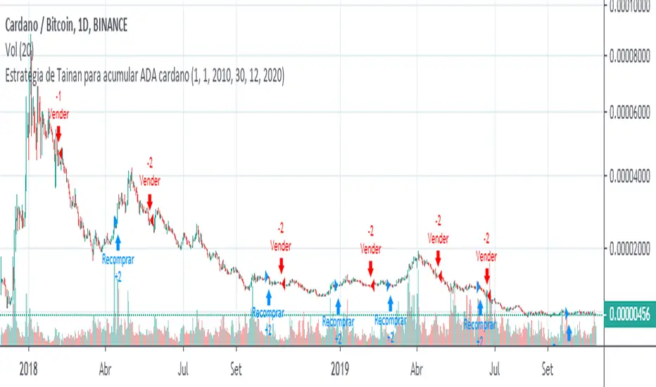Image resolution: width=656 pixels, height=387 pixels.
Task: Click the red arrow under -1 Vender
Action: [x=59, y=133]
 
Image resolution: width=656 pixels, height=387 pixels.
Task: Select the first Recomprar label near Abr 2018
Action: [x=118, y=259]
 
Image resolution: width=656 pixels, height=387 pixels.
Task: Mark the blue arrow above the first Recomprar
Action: [x=118, y=242]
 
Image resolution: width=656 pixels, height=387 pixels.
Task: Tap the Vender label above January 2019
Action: [x=370, y=248]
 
